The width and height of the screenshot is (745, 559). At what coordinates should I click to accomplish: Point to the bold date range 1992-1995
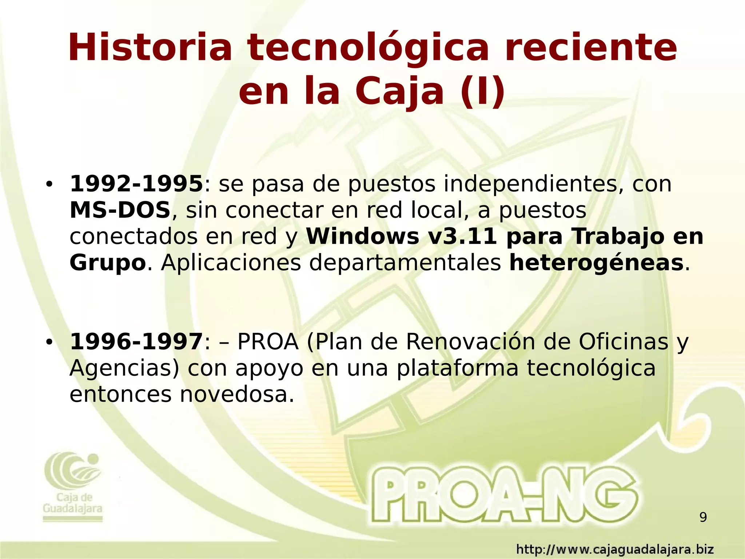coord(136,184)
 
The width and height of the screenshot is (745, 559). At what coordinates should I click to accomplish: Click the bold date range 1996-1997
coord(136,342)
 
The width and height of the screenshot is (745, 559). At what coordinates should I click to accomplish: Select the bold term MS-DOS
coord(120,210)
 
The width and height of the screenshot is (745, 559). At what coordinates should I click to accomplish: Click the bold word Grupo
coord(108,263)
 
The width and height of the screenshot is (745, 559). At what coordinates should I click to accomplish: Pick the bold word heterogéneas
coord(596,263)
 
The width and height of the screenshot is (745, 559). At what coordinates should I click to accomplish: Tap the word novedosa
coord(237,394)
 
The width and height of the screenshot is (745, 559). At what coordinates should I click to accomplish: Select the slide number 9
coord(703,517)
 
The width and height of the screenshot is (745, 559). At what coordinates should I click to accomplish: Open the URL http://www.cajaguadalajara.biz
coord(615,549)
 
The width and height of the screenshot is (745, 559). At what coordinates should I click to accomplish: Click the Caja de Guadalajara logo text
coord(73,503)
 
